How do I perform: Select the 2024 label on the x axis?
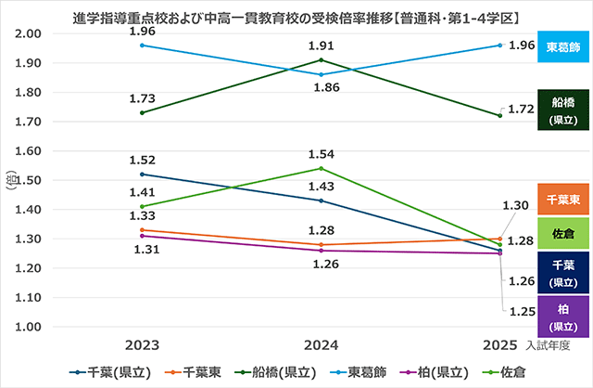322,344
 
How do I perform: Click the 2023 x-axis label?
142,344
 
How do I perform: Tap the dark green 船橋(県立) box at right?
563,110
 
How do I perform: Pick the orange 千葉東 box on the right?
563,200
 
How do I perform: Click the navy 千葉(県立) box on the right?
563,271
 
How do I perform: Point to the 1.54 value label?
321,153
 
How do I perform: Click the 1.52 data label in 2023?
142,159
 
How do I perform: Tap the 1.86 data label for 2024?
321,88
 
